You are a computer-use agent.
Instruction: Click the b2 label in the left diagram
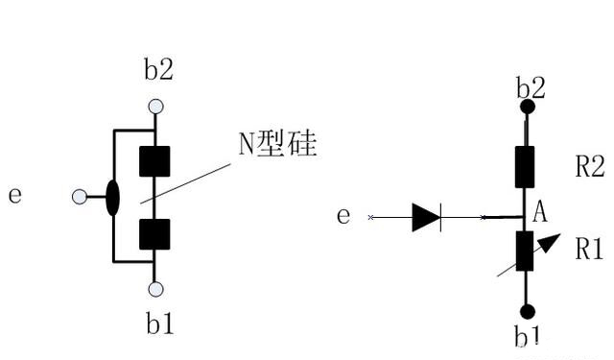point(158,69)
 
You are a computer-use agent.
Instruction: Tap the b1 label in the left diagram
point(160,324)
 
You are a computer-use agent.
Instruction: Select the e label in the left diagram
point(14,195)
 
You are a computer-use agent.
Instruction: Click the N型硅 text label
point(277,145)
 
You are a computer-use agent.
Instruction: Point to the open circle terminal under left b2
point(155,107)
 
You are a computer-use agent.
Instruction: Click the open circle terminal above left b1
point(155,288)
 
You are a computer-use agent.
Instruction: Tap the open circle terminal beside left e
point(80,197)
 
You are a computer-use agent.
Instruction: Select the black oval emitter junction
point(112,197)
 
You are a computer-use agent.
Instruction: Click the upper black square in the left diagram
point(154,161)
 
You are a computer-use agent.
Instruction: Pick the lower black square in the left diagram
point(154,233)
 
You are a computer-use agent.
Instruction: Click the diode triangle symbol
point(425,218)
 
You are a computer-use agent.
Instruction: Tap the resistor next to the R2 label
point(525,166)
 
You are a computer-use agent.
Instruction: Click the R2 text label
point(589,167)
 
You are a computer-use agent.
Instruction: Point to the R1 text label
point(588,250)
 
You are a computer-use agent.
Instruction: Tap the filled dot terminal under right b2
point(526,108)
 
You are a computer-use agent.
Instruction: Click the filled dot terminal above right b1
point(526,311)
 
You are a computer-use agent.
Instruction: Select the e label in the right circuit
point(343,216)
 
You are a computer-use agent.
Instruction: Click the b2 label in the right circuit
point(531,88)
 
